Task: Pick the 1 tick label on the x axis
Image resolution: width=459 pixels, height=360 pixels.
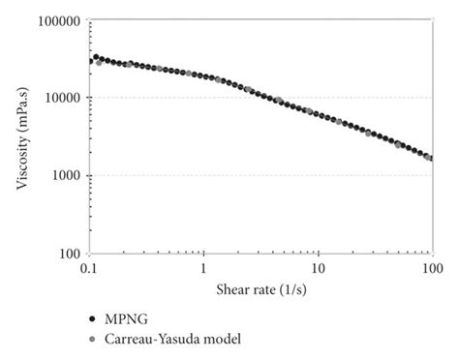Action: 204,266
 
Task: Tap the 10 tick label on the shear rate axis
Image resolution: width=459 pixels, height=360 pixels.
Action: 318,266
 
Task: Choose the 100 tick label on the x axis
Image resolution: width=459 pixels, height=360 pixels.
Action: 430,266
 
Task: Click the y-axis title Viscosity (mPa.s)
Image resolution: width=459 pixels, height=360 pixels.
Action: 23,135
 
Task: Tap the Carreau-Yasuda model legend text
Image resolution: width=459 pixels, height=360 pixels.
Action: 169,339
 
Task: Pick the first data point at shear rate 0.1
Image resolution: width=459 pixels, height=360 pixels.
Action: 90,61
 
